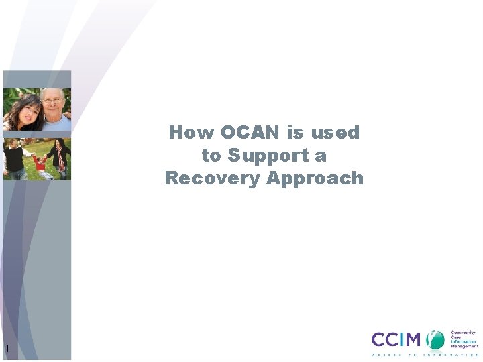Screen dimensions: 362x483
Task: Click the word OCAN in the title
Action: click(x=248, y=133)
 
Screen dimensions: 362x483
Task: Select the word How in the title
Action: click(x=189, y=133)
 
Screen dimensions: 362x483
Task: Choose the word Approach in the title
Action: click(x=315, y=178)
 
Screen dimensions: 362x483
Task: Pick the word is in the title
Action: click(x=295, y=133)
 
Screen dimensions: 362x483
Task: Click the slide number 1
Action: click(x=7, y=349)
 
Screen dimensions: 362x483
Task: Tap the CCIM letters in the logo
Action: click(x=398, y=339)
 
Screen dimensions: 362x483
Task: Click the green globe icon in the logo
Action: click(x=437, y=339)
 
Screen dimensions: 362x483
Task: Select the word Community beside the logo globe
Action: click(x=463, y=333)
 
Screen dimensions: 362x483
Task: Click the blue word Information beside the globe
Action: click(x=464, y=341)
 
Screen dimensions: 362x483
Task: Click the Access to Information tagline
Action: click(x=425, y=354)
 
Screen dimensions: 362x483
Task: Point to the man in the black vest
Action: click(x=14, y=158)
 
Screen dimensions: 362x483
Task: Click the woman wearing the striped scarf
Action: click(x=60, y=158)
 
